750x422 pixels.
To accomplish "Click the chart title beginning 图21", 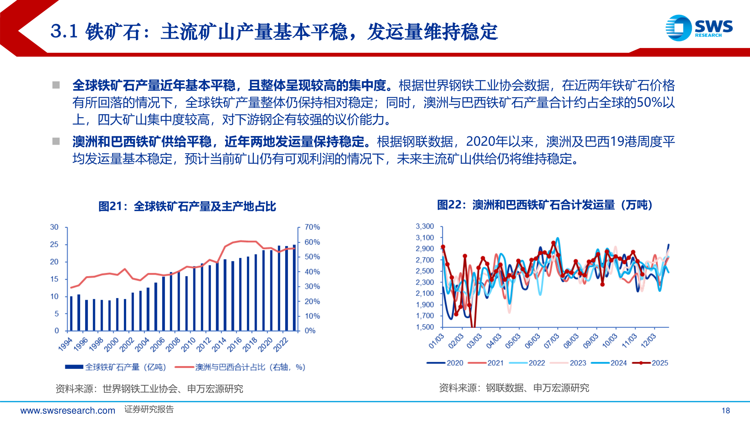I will (187, 206).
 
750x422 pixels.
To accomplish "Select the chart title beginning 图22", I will (545, 205).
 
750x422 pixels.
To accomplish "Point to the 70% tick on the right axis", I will (312, 227).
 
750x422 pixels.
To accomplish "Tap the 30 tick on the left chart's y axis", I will (54, 227).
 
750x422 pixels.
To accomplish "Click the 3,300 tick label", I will (425, 226).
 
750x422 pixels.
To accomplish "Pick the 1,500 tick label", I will (425, 327).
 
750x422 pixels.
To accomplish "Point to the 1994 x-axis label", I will (66, 344).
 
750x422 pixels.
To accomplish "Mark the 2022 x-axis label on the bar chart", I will (281, 344).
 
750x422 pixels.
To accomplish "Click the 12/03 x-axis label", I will (648, 341).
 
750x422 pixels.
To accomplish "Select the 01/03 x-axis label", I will (436, 341).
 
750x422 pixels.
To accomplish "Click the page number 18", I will (726, 411).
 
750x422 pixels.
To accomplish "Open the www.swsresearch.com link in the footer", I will (68, 411).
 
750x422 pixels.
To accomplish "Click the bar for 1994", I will (71, 313).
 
